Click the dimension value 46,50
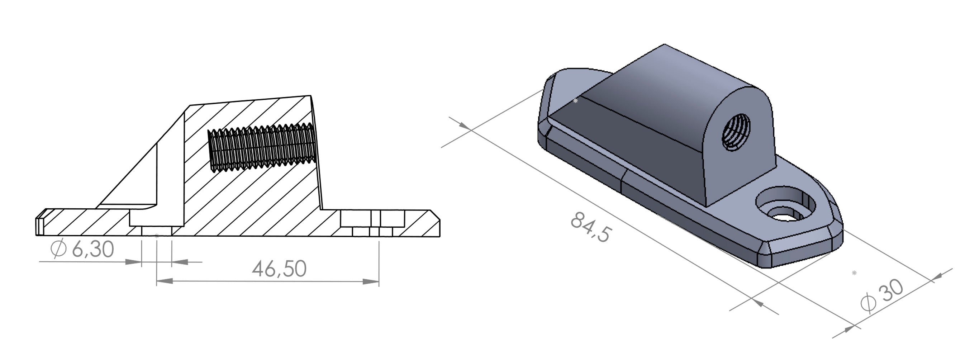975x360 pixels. [x=279, y=269]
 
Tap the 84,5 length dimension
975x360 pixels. [x=590, y=227]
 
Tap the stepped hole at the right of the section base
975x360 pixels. [x=373, y=223]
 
